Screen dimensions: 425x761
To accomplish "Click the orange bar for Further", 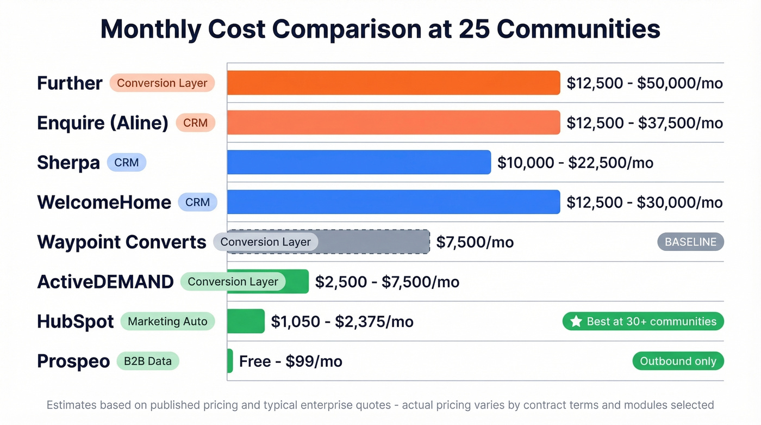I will pyautogui.click(x=393, y=83).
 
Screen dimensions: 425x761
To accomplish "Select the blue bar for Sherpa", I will pyautogui.click(x=359, y=162).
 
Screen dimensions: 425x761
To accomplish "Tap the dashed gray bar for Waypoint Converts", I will pyautogui.click(x=375, y=242).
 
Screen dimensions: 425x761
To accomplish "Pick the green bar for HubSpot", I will pyautogui.click(x=246, y=321).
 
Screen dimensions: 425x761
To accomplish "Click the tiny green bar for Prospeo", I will pyautogui.click(x=230, y=361).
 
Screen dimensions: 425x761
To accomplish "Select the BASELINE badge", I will pyautogui.click(x=690, y=242).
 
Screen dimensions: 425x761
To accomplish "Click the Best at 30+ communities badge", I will pyautogui.click(x=643, y=321).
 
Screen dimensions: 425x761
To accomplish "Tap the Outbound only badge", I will pyautogui.click(x=678, y=361).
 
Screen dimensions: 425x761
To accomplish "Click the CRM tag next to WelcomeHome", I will pyautogui.click(x=197, y=202).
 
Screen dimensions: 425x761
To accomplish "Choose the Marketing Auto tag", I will pyautogui.click(x=167, y=321).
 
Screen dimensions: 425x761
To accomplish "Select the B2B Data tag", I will pyautogui.click(x=148, y=361).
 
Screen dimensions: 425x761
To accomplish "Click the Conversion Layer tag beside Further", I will pyautogui.click(x=162, y=83).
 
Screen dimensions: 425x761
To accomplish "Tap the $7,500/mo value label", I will pyautogui.click(x=475, y=242).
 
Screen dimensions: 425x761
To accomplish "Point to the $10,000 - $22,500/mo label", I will pyautogui.click(x=575, y=162).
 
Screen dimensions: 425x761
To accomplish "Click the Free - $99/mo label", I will pyautogui.click(x=290, y=361).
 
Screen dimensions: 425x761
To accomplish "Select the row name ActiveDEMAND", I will pyautogui.click(x=105, y=281).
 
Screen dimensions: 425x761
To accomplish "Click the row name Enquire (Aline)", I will pyautogui.click(x=103, y=122).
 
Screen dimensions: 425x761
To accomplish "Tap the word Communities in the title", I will pyautogui.click(x=578, y=29).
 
